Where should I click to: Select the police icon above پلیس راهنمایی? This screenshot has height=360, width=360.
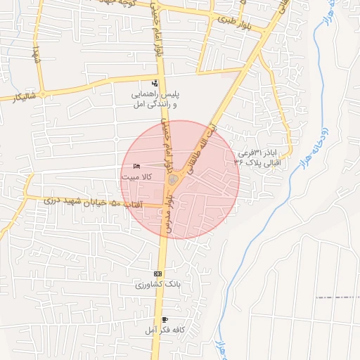pos(155,84)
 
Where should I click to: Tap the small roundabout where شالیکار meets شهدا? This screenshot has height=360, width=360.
pos(43,94)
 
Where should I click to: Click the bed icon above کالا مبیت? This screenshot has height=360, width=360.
pos(136,167)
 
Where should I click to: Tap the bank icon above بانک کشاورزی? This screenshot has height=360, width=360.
pos(157,274)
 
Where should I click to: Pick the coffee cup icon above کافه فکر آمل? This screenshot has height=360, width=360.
pos(165,319)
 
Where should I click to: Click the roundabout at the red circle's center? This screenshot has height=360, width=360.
pos(173,181)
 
